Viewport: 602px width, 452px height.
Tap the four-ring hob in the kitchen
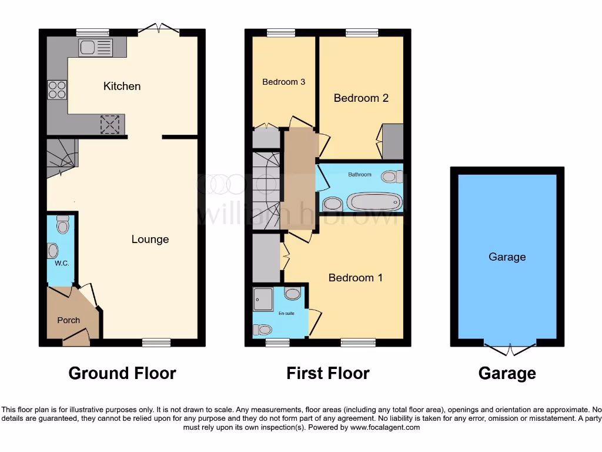[x=57, y=89]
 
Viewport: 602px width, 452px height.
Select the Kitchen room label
[x=122, y=87]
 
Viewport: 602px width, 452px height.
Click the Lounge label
[x=150, y=240]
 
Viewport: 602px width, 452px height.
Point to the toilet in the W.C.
[x=63, y=224]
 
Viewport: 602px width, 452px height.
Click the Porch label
[x=68, y=320]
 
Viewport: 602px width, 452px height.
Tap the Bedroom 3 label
[x=283, y=82]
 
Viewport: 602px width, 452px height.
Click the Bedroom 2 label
[x=361, y=98]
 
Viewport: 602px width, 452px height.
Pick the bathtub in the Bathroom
[x=374, y=202]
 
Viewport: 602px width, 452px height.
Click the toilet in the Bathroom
[x=392, y=176]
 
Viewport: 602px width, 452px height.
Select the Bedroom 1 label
[x=355, y=278]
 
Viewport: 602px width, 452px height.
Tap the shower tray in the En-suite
[x=263, y=299]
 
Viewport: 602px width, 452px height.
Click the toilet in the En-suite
[x=261, y=330]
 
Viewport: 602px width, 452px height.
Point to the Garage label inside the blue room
[x=507, y=257]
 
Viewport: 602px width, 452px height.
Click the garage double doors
[x=510, y=349]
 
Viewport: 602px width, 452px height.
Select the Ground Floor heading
[x=122, y=373]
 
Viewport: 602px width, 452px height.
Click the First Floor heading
[x=327, y=373]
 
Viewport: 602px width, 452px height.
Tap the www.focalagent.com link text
[x=386, y=427]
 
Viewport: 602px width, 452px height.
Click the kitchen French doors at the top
[x=160, y=28]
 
